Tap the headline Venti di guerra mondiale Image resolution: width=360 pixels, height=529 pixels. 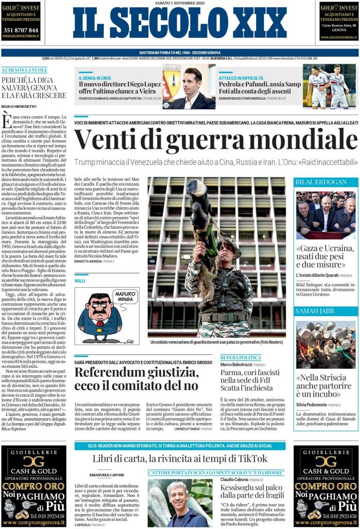[x=216, y=140]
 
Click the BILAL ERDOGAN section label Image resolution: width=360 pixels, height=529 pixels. [x=314, y=182]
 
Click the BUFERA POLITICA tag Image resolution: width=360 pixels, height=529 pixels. [x=241, y=357]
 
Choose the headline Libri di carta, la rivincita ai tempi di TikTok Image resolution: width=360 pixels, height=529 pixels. [x=180, y=459]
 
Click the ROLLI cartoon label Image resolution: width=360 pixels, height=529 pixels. [x=80, y=281]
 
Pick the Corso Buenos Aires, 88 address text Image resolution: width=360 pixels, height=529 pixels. [x=338, y=25]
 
